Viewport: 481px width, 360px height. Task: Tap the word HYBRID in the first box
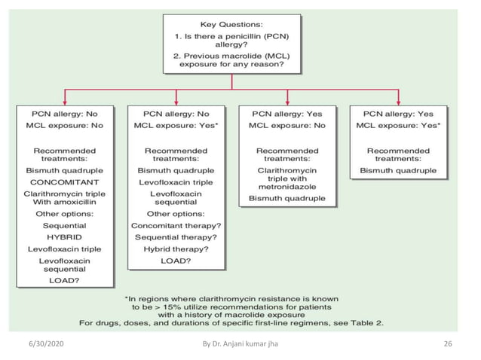(x=64, y=236)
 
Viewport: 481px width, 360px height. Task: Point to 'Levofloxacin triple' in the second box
(x=176, y=182)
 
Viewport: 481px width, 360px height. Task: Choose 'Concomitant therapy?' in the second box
(x=176, y=225)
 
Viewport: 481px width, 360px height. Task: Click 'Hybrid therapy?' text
(x=176, y=248)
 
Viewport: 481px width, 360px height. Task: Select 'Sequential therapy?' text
(x=176, y=236)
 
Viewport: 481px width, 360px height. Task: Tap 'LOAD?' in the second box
(x=176, y=260)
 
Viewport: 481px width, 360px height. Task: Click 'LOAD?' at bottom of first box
(x=64, y=281)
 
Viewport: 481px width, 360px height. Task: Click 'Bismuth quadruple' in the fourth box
(x=398, y=171)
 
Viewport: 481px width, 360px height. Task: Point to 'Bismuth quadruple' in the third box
(x=287, y=199)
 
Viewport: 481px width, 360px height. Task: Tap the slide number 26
(x=448, y=344)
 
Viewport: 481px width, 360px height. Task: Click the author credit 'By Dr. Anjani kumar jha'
(x=240, y=344)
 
